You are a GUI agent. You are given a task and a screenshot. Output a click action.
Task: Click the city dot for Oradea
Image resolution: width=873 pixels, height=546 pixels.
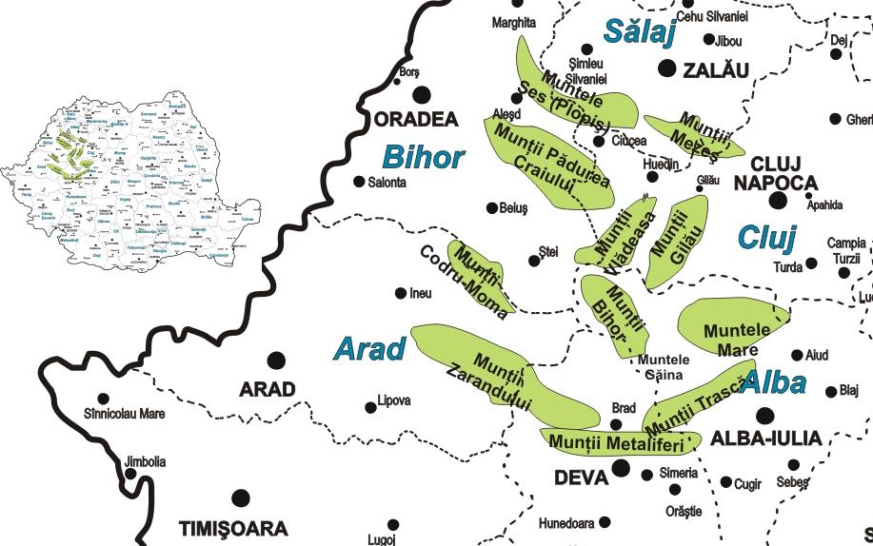point(420,93)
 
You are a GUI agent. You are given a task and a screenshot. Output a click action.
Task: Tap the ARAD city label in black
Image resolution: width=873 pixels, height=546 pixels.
point(267,389)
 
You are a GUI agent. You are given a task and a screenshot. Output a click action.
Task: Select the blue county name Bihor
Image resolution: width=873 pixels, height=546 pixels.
point(423,157)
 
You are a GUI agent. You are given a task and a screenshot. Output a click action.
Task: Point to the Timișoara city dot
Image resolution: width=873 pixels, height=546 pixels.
point(241,497)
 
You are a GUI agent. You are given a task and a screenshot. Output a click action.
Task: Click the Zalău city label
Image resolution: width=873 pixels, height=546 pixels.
point(710,69)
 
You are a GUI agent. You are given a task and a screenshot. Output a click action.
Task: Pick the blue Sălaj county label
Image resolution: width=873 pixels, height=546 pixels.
point(639,33)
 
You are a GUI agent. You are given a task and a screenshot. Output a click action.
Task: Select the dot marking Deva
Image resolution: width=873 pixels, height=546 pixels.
point(621,467)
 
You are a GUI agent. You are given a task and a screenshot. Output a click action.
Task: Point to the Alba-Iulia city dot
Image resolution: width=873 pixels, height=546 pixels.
point(764,415)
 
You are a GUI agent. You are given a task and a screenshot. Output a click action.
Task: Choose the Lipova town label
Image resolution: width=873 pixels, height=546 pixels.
point(394,400)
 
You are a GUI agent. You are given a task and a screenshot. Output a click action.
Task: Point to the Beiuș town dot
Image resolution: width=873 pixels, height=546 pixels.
point(492,208)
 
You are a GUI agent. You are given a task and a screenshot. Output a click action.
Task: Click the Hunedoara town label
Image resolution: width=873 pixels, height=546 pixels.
point(566,523)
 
